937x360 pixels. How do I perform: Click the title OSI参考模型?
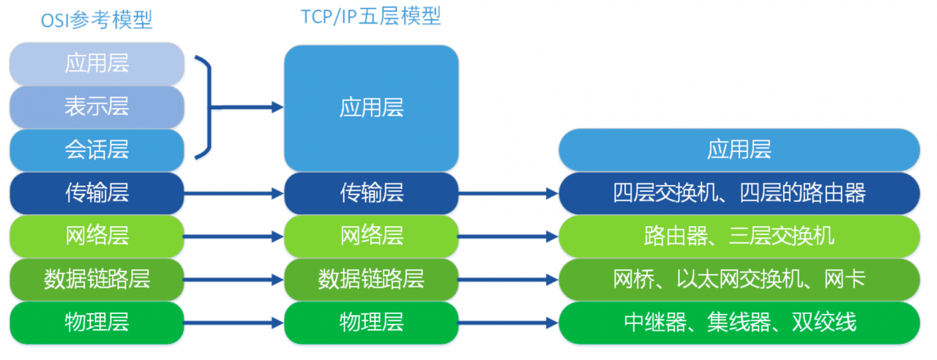[x=97, y=20]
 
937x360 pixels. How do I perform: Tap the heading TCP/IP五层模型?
[x=371, y=17]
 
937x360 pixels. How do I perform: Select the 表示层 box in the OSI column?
[x=97, y=107]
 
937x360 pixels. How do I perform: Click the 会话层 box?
[x=97, y=150]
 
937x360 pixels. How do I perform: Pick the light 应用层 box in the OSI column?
[x=97, y=64]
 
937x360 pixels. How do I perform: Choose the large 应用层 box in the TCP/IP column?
[x=371, y=108]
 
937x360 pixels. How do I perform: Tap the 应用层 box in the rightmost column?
[x=739, y=150]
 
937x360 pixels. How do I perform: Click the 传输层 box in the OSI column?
[x=97, y=193]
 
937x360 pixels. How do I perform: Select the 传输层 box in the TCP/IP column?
[x=371, y=193]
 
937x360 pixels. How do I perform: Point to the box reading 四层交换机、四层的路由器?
[x=739, y=193]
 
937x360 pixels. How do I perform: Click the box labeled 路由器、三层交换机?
[x=739, y=236]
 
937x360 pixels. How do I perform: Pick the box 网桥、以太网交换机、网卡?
[x=739, y=280]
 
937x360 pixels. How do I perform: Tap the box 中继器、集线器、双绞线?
[x=739, y=323]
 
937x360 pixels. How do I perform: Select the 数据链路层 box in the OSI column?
[x=97, y=280]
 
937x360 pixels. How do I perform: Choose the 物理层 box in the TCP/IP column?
[x=371, y=323]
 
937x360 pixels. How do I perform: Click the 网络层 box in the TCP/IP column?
[x=371, y=236]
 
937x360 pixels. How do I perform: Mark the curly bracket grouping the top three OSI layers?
[x=209, y=107]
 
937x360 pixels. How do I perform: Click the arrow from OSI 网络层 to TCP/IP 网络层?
[x=234, y=236]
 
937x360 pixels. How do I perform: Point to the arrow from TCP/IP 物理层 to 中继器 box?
[x=508, y=323]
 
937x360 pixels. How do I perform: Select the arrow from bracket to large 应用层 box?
[x=247, y=107]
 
